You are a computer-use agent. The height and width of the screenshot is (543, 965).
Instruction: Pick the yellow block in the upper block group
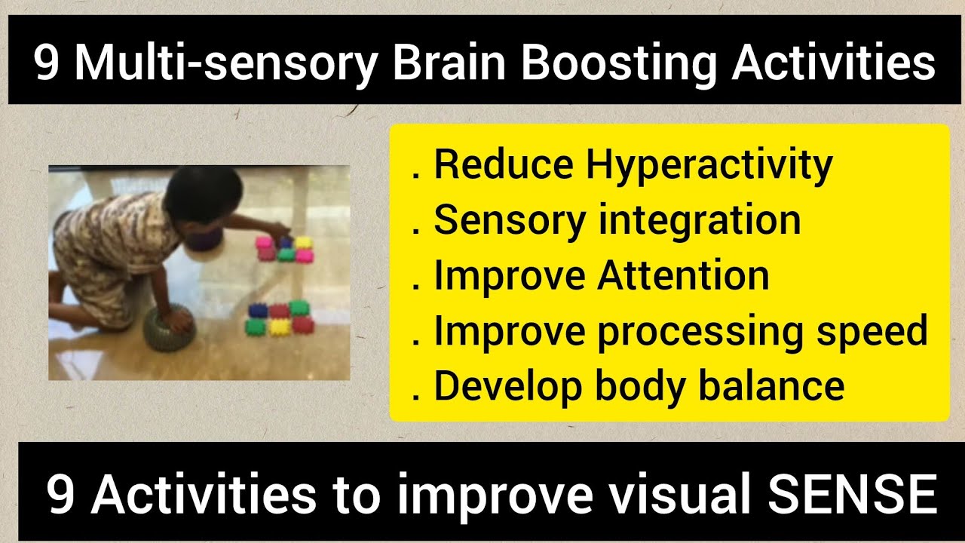pos(303,243)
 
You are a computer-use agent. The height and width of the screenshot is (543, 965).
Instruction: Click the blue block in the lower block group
pos(264,309)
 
